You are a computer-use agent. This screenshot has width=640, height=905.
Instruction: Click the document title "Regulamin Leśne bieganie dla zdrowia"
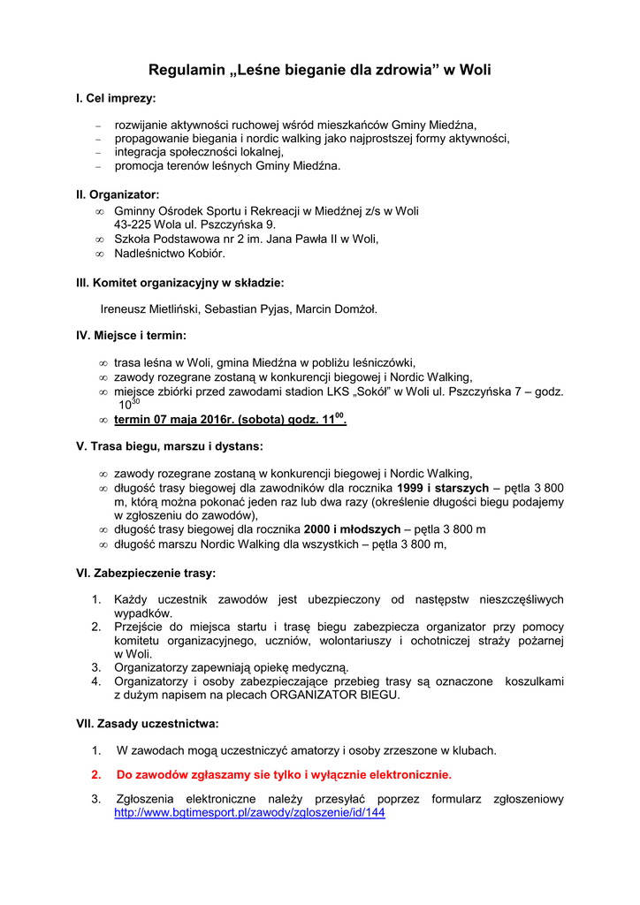point(319,70)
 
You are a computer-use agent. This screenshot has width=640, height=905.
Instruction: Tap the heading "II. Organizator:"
point(118,194)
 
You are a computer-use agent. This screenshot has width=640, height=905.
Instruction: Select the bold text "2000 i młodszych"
point(351,529)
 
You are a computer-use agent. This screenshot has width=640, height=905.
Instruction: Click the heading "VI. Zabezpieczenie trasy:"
point(146,573)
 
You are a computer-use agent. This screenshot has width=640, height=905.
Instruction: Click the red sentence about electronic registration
point(284,775)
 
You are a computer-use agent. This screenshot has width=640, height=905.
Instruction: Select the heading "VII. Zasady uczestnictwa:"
point(148,723)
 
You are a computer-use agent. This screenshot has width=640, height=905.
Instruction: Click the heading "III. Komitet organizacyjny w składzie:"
point(180,283)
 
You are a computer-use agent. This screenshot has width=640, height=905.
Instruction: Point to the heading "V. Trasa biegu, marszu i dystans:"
point(170,446)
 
